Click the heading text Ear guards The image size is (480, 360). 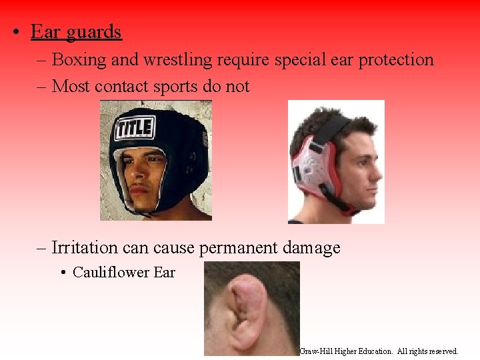tap(76, 32)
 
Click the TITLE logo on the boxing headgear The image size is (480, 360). tap(135, 127)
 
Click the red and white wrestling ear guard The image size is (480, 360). tap(311, 170)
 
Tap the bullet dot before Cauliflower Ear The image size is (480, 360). tap(63, 272)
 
